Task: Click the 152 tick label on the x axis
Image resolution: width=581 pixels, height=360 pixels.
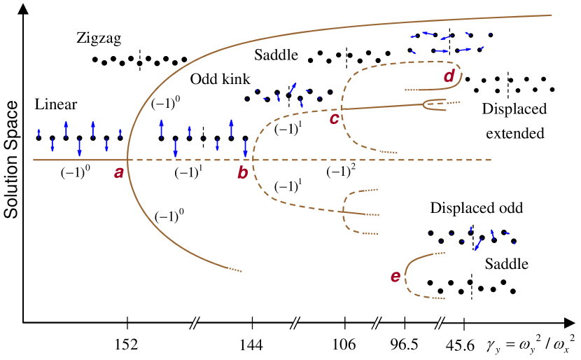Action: click(x=127, y=345)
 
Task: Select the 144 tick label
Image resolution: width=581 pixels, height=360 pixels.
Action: click(x=251, y=345)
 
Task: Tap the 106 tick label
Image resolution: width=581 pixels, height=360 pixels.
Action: click(x=345, y=345)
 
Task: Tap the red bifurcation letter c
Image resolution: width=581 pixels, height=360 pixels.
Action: click(x=335, y=118)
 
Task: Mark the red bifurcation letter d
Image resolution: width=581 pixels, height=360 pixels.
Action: click(x=449, y=75)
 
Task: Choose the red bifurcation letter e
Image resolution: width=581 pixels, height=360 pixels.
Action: click(x=395, y=277)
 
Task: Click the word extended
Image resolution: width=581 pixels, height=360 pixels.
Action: click(x=514, y=132)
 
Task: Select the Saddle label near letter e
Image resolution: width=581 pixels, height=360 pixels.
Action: click(x=506, y=265)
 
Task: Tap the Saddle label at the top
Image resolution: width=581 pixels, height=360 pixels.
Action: click(x=276, y=54)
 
